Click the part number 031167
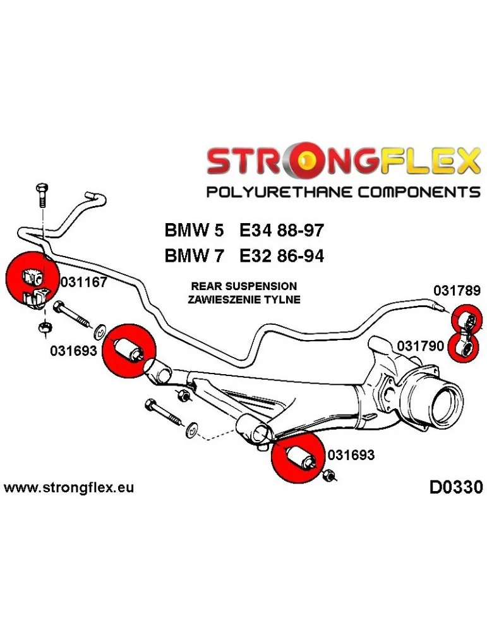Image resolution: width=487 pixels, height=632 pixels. click(x=83, y=283)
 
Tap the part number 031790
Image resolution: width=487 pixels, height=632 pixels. click(x=419, y=346)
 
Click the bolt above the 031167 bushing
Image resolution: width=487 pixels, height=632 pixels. click(x=42, y=197)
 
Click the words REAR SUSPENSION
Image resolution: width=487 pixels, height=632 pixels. click(x=243, y=286)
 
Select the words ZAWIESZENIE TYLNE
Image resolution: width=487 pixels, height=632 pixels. click(x=243, y=300)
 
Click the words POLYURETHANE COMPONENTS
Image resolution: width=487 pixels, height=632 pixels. click(x=344, y=191)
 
